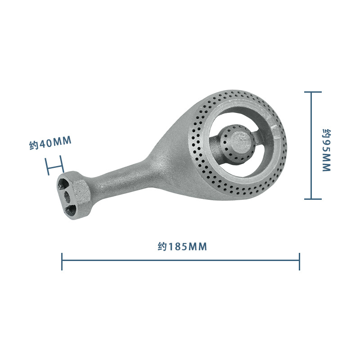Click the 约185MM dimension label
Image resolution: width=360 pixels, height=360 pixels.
point(182,247)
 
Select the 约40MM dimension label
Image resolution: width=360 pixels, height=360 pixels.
point(50,143)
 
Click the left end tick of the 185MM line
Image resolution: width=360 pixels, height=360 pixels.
point(62,261)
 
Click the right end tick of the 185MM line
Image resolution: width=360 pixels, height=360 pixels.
point(299,261)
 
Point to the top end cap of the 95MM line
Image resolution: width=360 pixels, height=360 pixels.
point(313,92)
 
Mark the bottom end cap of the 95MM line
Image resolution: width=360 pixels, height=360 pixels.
point(313,199)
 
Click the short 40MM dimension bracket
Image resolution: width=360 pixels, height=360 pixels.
point(54,166)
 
